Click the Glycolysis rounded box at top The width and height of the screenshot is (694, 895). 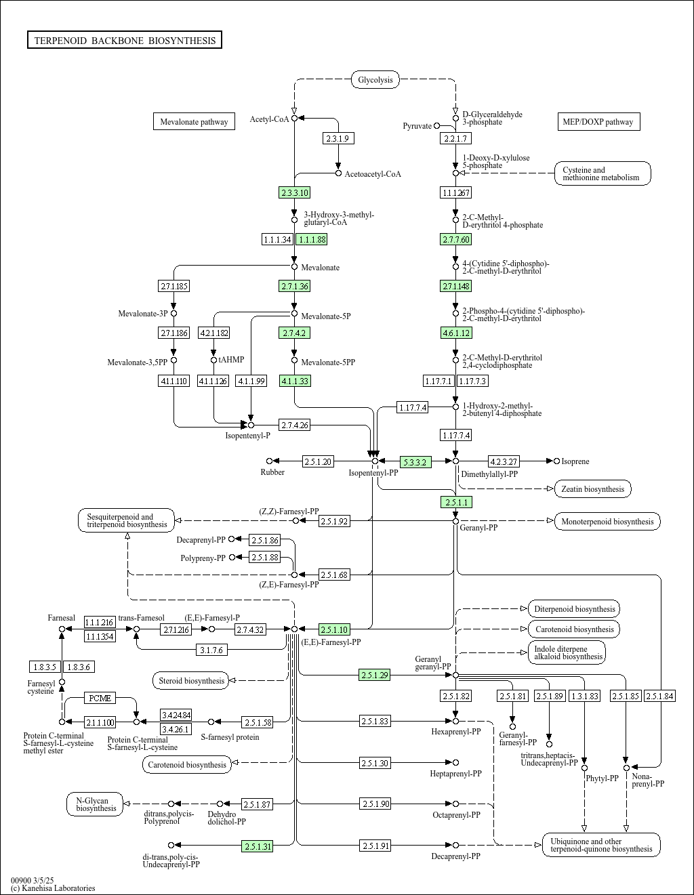pyautogui.click(x=375, y=80)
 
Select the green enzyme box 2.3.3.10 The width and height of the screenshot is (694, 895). pyautogui.click(x=294, y=192)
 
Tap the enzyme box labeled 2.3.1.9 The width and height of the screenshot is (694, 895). pyautogui.click(x=338, y=138)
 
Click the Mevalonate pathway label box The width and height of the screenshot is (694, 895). pyautogui.click(x=194, y=122)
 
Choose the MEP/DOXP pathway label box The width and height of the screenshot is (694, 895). pyautogui.click(x=598, y=122)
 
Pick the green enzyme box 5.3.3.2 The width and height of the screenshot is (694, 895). pyautogui.click(x=415, y=462)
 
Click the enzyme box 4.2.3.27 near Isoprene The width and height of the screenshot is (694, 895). pyautogui.click(x=504, y=461)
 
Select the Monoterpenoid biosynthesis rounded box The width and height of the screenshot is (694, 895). pyautogui.click(x=607, y=521)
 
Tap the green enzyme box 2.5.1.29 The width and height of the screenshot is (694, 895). pyautogui.click(x=375, y=675)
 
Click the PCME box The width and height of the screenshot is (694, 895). pyautogui.click(x=100, y=698)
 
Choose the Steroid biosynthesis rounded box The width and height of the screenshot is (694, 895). pyautogui.click(x=190, y=680)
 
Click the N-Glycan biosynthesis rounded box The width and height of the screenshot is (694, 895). pyautogui.click(x=96, y=804)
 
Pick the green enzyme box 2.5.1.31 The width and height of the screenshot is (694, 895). pyautogui.click(x=258, y=846)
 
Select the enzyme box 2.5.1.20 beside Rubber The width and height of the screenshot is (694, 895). pyautogui.click(x=318, y=461)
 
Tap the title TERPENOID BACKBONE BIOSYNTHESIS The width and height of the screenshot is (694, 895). pyautogui.click(x=125, y=41)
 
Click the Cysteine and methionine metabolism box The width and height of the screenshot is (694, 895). pyautogui.click(x=603, y=173)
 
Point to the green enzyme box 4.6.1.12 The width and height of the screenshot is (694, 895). pyautogui.click(x=456, y=333)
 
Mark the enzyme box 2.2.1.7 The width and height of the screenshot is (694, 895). pyautogui.click(x=455, y=138)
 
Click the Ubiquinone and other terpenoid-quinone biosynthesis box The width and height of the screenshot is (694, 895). pyautogui.click(x=601, y=845)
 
